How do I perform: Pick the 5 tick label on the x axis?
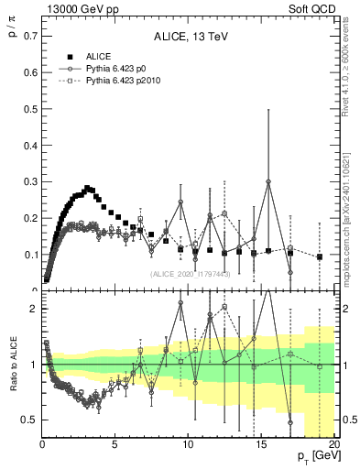[115, 445]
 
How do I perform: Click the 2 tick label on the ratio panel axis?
[32, 309]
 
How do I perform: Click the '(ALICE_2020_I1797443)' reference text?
[189, 274]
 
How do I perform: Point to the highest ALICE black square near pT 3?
[87, 188]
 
